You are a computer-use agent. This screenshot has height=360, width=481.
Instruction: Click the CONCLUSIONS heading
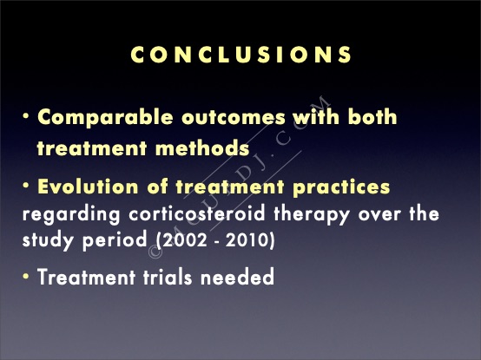pos(241,55)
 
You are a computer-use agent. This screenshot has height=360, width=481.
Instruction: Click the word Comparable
pos(105,118)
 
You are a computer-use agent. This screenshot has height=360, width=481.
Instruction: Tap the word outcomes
pos(234,117)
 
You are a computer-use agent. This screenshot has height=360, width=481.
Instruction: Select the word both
pos(372,116)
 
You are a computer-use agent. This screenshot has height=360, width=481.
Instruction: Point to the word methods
pos(202,147)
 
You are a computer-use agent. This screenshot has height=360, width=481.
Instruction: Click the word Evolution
pos(88,187)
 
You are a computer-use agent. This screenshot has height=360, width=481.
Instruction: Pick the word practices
pos(341,187)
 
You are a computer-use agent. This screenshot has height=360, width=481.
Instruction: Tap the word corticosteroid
pos(196,213)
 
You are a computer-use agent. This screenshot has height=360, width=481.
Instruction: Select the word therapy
pos(312,214)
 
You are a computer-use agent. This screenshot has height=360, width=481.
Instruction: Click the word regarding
pos(71,214)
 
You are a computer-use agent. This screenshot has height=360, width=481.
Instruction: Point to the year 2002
pos(184,240)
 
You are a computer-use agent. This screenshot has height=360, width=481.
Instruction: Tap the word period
pos(115,240)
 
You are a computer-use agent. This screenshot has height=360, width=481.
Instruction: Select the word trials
pos(168,277)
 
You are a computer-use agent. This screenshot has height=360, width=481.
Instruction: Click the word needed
pos(237,277)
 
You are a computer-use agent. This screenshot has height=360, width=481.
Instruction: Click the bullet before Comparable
pos(26,116)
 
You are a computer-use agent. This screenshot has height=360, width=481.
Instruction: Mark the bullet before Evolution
pos(26,186)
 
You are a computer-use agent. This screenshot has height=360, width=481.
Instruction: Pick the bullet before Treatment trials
pos(26,276)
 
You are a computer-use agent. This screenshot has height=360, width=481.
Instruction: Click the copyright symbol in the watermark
pos(155,252)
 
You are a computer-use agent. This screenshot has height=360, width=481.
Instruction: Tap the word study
pos(48,240)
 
